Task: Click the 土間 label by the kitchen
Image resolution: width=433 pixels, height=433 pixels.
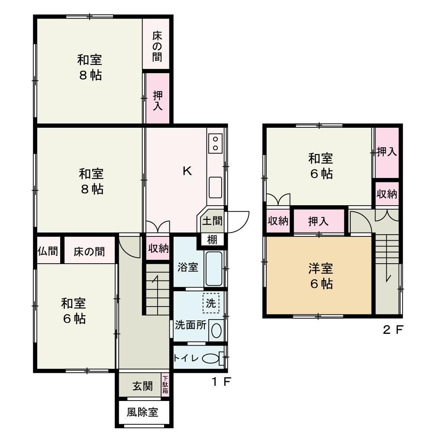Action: (x=212, y=221)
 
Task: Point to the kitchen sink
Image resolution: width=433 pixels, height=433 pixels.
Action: (x=215, y=187)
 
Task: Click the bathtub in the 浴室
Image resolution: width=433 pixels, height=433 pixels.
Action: (x=214, y=268)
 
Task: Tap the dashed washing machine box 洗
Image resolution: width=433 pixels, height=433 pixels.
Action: (x=211, y=303)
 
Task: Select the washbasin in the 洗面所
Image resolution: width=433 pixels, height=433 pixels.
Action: (x=216, y=330)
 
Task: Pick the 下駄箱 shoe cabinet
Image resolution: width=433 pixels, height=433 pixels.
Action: (x=165, y=385)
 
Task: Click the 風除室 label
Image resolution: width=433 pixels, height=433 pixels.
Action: (x=142, y=413)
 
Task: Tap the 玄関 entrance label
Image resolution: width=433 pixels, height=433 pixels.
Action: (x=142, y=386)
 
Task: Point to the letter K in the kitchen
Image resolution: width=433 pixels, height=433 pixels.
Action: (x=187, y=171)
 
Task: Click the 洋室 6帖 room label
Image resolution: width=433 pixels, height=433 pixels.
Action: (x=321, y=276)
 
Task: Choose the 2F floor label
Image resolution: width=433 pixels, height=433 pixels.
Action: (x=393, y=330)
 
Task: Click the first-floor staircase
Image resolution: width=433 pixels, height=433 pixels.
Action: (x=158, y=289)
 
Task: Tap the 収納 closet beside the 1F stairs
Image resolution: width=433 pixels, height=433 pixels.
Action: (x=158, y=248)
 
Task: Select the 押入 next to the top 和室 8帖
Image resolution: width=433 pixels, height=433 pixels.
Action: (x=158, y=98)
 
